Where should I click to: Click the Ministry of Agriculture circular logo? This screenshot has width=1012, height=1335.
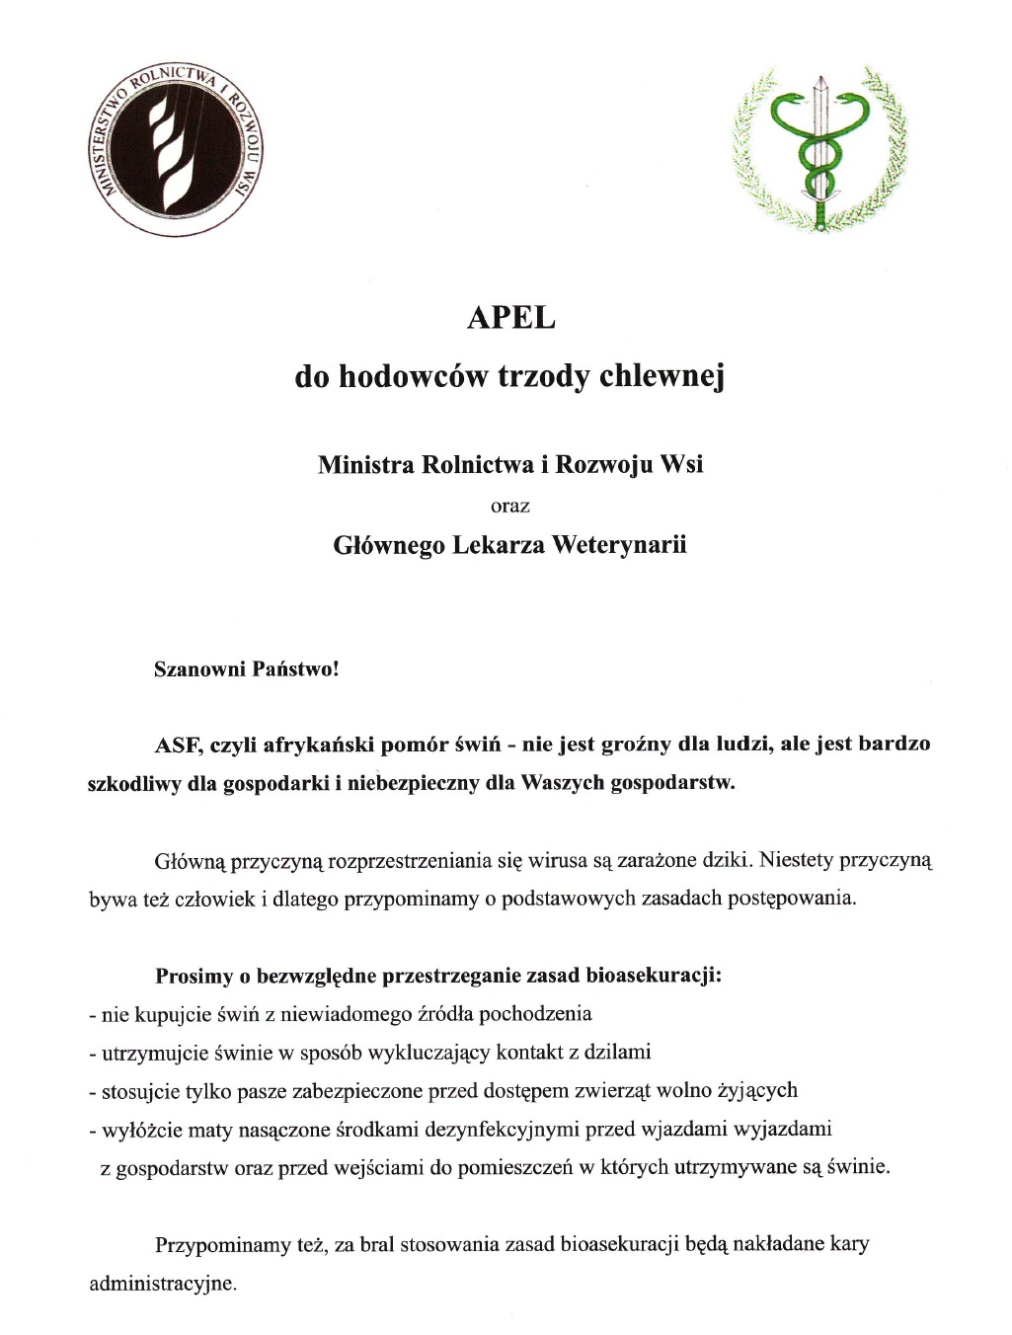175,152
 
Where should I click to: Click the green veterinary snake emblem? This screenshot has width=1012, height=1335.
818,148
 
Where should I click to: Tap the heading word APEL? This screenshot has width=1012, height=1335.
510,318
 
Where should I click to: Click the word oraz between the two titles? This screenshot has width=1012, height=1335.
510,507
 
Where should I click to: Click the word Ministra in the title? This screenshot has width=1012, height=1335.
365,464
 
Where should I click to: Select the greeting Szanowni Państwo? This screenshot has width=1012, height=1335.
246,669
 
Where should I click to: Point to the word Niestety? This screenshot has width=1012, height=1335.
797,860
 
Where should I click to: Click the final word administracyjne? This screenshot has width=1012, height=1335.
163,1285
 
